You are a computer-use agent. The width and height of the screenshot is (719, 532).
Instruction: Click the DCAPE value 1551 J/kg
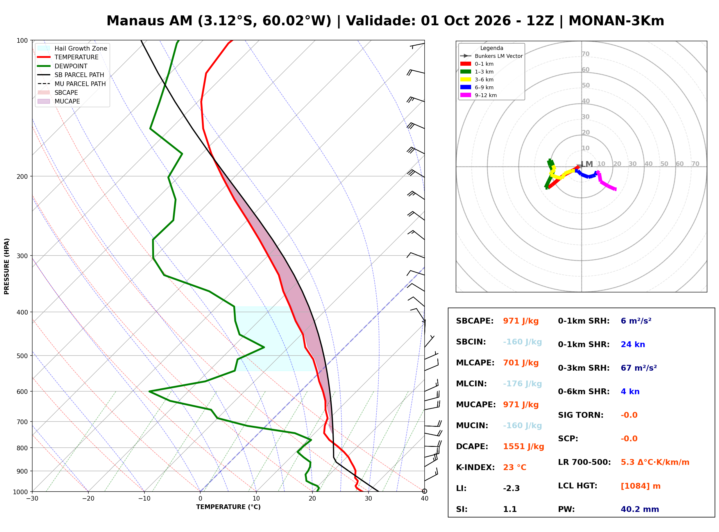point(523,447)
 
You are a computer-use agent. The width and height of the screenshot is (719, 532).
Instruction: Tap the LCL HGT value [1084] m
point(641,486)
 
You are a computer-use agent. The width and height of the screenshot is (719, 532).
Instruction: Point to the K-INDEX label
point(475,467)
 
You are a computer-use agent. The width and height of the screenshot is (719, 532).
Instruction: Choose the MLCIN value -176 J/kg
point(522,384)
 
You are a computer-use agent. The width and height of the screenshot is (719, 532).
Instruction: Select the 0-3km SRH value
point(638,368)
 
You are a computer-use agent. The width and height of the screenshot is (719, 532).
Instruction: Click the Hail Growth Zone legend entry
point(72,48)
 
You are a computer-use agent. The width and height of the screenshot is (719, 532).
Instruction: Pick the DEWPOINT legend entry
point(62,66)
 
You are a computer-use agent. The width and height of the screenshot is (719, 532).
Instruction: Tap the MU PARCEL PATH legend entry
point(71,84)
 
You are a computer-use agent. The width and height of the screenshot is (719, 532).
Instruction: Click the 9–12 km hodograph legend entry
point(479,95)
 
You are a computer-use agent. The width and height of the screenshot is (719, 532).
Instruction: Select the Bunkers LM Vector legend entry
point(491,56)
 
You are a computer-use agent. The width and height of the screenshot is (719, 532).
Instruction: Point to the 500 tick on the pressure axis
point(22,356)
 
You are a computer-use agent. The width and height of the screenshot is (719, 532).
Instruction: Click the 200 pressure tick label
point(22,176)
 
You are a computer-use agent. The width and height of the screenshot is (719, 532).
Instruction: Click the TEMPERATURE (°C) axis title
point(228,507)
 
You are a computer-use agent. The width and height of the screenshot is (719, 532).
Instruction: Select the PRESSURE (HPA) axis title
point(7,266)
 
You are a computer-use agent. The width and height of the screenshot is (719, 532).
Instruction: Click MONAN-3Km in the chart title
point(616,21)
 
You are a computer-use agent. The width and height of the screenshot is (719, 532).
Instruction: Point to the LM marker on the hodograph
point(587,164)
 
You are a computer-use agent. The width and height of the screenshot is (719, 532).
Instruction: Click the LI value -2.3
point(511,488)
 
